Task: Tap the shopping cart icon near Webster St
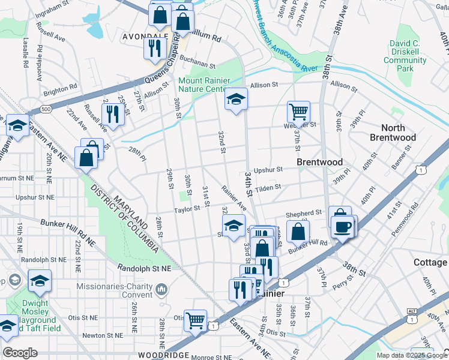(x=298, y=111)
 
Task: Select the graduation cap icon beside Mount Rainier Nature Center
(x=236, y=98)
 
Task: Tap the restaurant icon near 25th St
(x=112, y=112)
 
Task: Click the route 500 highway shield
(x=46, y=109)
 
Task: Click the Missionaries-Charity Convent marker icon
(x=161, y=291)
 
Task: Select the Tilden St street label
(x=268, y=188)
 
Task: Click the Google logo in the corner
(x=20, y=353)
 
